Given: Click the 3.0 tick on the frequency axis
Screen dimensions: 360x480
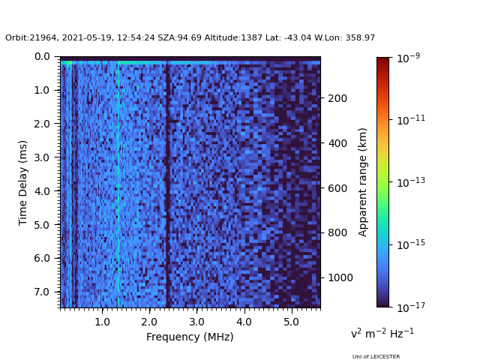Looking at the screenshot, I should [196, 322].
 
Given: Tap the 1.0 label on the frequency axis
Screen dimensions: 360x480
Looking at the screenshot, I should [102, 322].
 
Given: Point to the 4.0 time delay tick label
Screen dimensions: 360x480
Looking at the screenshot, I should [42, 191].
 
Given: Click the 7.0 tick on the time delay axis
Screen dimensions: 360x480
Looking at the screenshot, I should [42, 292].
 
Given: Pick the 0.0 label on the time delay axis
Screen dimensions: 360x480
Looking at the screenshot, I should [42, 56].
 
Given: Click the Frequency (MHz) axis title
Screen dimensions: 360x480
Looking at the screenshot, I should [190, 337].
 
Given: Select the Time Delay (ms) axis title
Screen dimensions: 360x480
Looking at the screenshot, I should [23, 182].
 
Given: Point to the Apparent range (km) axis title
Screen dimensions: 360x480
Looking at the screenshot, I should [363, 181].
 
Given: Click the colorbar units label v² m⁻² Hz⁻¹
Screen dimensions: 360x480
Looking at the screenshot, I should [382, 333].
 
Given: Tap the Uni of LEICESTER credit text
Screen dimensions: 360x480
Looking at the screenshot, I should [376, 357].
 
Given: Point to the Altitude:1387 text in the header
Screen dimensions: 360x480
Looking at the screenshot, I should [229, 37].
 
